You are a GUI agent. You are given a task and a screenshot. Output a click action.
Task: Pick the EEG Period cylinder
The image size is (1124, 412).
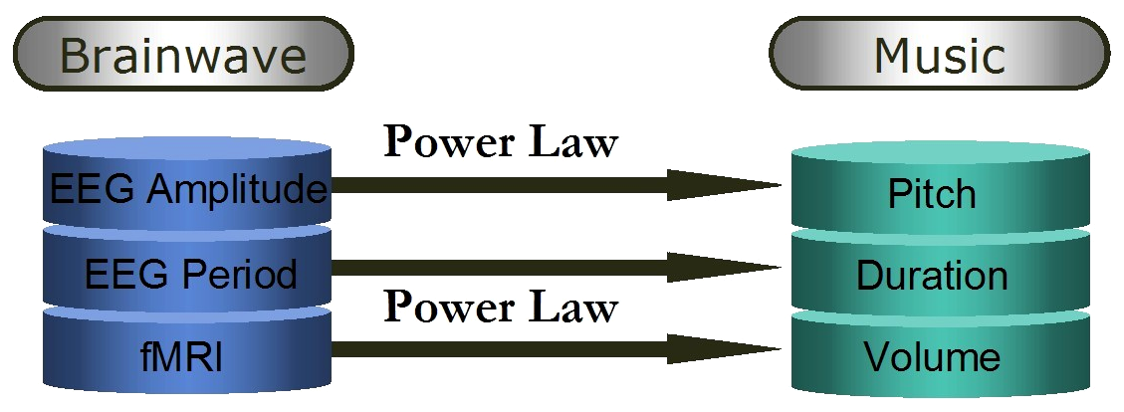click(187, 272)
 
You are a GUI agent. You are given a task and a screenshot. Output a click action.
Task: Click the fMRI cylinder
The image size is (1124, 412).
click(187, 353)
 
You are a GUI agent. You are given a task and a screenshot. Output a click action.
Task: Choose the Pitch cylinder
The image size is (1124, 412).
click(932, 193)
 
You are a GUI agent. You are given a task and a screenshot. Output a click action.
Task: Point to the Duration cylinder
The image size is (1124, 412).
click(932, 274)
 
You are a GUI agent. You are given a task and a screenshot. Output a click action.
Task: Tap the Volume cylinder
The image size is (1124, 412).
click(932, 355)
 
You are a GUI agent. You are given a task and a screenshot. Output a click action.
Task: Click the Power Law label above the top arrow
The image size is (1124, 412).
click(501, 143)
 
